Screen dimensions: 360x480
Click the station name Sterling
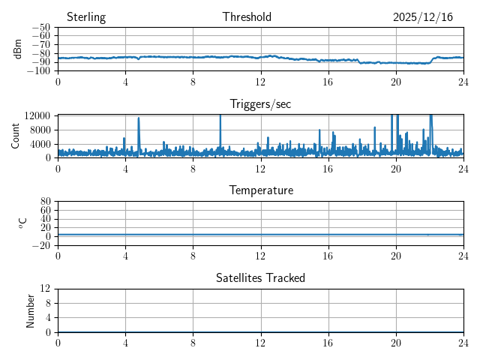click(x=86, y=17)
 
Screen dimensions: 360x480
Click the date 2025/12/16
click(x=423, y=17)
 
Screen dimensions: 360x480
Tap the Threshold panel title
click(x=247, y=17)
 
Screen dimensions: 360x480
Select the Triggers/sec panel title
click(x=260, y=104)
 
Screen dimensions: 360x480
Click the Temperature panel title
click(x=260, y=190)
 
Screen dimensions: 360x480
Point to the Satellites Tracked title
click(x=260, y=277)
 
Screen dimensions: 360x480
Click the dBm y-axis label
click(x=18, y=49)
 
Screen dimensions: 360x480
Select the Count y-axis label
click(x=16, y=136)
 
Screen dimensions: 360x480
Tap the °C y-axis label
click(x=22, y=223)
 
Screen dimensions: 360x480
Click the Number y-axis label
click(x=31, y=310)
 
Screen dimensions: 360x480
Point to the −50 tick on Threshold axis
click(x=40, y=28)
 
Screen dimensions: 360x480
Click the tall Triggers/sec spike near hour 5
click(x=139, y=120)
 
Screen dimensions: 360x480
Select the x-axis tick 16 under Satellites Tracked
click(x=328, y=343)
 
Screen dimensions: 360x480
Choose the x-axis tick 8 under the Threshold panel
click(x=193, y=82)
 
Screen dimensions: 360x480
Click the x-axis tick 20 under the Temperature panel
click(x=396, y=256)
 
